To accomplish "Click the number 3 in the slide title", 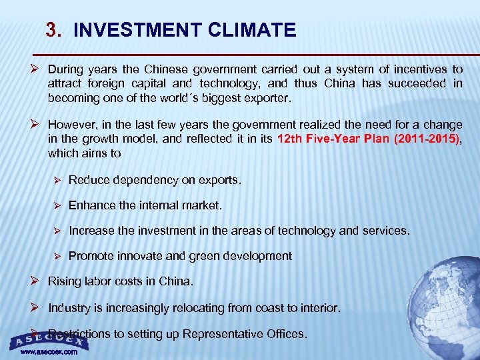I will pyautogui.click(x=53, y=30).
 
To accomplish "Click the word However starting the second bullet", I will pyautogui.click(x=71, y=125).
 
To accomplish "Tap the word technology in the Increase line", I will pyautogui.click(x=305, y=231).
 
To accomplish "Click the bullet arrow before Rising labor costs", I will pyautogui.click(x=36, y=281).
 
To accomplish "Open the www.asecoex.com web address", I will pyautogui.click(x=49, y=351).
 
